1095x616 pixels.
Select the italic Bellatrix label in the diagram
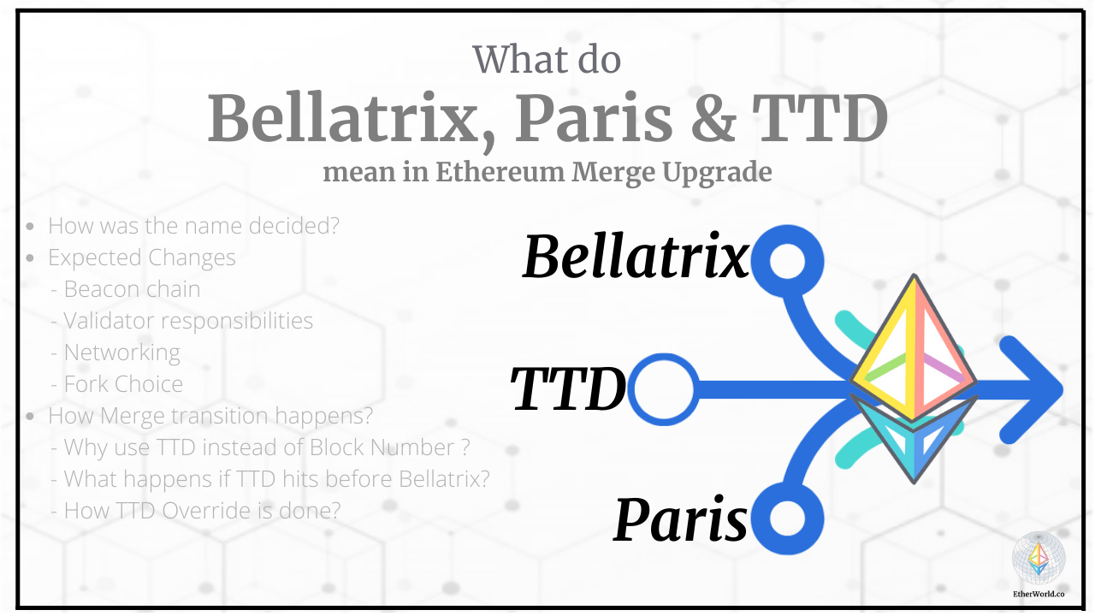pos(636,256)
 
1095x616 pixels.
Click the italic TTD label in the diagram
pos(569,389)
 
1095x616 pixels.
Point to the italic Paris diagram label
pos(681,519)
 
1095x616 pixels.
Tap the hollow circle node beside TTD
pos(662,390)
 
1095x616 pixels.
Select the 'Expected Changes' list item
pos(141,258)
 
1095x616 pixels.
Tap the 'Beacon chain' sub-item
pos(132,289)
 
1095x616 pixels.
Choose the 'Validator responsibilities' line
pos(188,321)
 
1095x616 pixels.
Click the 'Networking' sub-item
pos(121,352)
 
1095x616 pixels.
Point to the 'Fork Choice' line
pos(123,384)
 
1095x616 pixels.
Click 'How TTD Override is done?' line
pos(202,511)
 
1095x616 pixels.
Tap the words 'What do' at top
pos(547,59)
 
